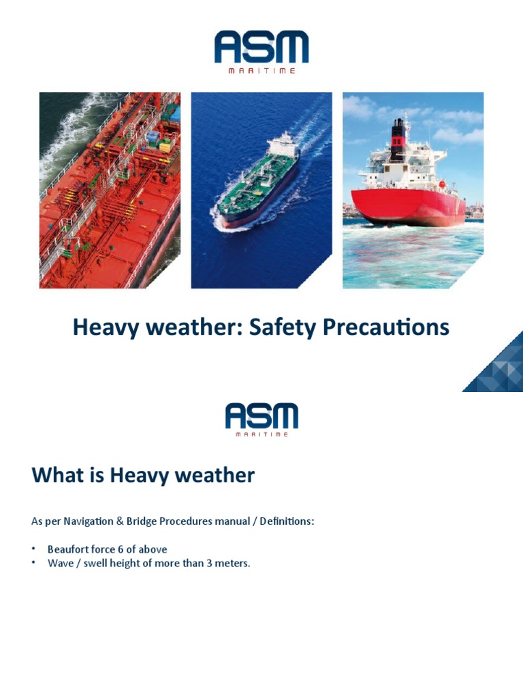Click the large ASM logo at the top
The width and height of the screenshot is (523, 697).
coord(261,48)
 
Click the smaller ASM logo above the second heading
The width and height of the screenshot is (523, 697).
coord(261,416)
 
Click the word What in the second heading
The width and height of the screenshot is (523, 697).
coord(57,475)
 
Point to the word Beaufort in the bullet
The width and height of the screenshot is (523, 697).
coord(68,549)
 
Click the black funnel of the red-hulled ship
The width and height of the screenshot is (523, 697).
coord(397,129)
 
